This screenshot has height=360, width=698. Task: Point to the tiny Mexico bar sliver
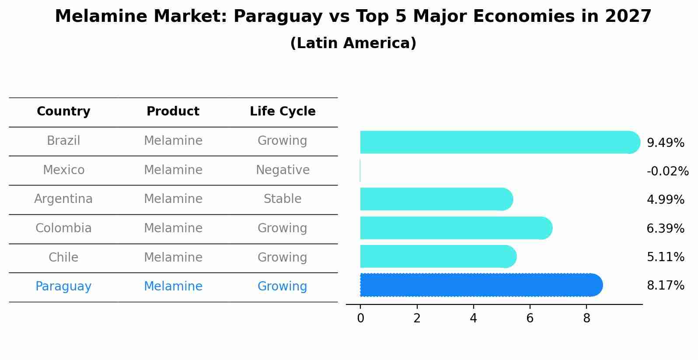360,171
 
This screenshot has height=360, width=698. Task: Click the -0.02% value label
667,171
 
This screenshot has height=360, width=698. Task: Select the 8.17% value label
665,286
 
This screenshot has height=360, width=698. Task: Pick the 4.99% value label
665,200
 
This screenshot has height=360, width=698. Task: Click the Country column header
63,112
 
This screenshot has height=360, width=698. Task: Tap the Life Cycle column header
283,112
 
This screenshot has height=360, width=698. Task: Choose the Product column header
173,112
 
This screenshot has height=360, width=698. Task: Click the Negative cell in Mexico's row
283,170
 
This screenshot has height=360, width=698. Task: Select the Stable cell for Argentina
283,199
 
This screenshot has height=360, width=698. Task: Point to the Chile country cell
63,257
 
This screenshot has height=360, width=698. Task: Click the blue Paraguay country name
63,287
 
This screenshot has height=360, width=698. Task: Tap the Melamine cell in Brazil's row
173,141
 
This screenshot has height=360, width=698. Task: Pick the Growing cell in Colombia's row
283,228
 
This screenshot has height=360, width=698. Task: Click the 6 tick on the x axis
530,318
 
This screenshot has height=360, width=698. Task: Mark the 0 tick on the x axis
360,318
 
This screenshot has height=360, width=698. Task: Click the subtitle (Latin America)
353,43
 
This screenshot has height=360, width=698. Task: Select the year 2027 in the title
628,17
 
